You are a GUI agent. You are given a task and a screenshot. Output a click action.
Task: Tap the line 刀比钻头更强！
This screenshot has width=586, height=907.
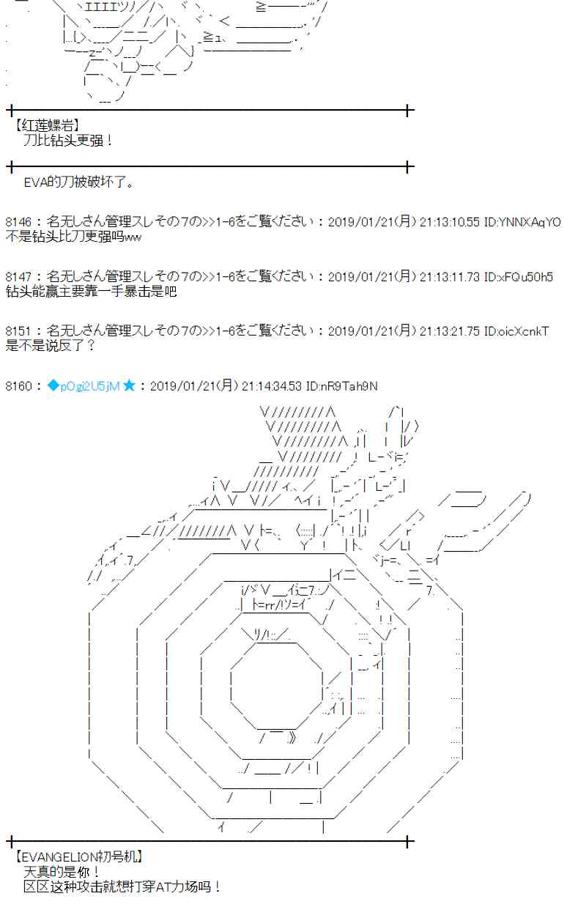click(x=69, y=140)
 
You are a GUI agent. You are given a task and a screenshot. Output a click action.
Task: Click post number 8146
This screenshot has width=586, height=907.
click(x=18, y=222)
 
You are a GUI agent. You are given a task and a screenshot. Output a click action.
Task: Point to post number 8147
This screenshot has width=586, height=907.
click(x=18, y=277)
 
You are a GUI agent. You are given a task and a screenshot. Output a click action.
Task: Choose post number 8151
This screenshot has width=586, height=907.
click(x=18, y=332)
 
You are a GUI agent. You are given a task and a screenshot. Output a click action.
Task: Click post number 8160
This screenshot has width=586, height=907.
click(x=18, y=386)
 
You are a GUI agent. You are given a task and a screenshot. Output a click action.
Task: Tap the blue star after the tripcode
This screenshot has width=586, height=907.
click(x=129, y=386)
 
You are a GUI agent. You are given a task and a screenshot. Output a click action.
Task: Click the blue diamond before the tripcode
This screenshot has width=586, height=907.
click(x=52, y=386)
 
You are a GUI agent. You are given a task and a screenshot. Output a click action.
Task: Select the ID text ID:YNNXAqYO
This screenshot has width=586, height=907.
click(x=522, y=222)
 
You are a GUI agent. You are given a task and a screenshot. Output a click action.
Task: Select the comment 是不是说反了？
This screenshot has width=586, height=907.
click(x=49, y=346)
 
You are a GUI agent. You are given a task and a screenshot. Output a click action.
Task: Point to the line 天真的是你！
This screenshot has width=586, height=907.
click(x=62, y=872)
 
